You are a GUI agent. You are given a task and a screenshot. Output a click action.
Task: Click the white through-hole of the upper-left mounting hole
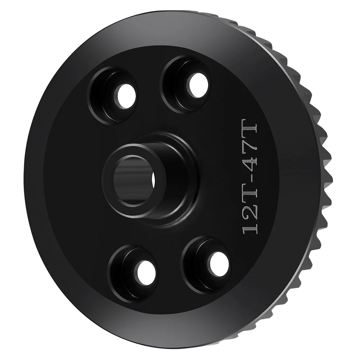[126, 95]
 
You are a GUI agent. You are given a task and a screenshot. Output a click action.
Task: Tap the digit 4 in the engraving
[250, 168]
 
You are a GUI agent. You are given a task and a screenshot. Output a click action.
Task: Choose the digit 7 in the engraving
[250, 151]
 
